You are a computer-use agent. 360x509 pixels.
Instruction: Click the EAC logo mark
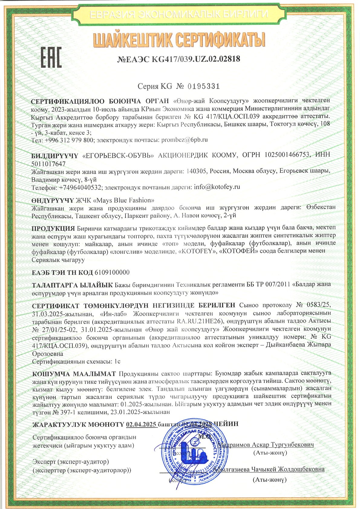coord(51,57)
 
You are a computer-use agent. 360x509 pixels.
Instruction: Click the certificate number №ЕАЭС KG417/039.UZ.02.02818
coord(178,59)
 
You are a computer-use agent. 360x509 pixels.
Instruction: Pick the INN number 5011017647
coord(48,164)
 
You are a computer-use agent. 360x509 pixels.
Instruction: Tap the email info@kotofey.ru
coord(217,187)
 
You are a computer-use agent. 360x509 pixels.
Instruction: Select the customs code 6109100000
coord(112,272)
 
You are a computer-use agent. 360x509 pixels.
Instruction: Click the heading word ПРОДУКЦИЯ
coord(53,228)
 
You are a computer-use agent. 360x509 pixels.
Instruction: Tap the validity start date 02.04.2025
coord(141,424)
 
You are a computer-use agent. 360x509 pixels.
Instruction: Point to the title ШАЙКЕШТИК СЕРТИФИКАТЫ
coord(179,40)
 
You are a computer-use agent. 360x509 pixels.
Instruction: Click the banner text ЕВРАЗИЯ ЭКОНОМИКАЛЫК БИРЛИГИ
coord(179,14)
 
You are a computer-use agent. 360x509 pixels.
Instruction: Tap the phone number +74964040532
coord(80,187)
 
